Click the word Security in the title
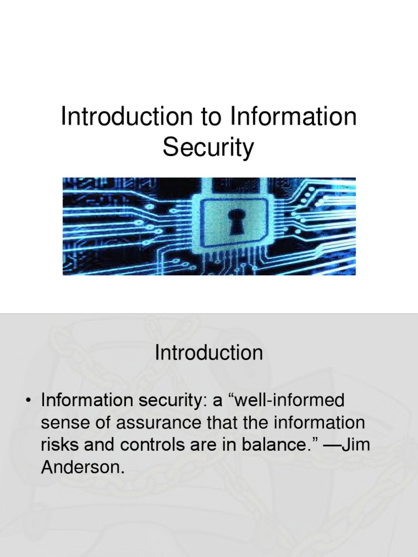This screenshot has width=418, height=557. [208, 147]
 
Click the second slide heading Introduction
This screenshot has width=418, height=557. [209, 353]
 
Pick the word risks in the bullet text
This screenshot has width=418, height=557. [61, 444]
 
